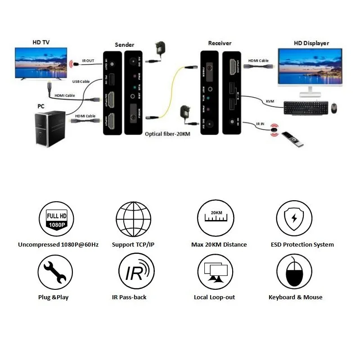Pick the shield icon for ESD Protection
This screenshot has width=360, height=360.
[x=294, y=219]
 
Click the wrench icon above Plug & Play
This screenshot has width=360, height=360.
[x=55, y=272]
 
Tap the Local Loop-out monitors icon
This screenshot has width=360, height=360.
[x=215, y=272]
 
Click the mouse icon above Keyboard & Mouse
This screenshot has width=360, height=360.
[x=294, y=272]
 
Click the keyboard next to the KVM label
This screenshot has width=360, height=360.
[x=305, y=108]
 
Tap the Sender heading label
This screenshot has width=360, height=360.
[x=125, y=45]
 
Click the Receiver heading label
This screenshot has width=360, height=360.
[x=220, y=43]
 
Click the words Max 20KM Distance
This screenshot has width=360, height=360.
[x=219, y=245]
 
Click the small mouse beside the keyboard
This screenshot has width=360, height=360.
[x=333, y=108]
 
